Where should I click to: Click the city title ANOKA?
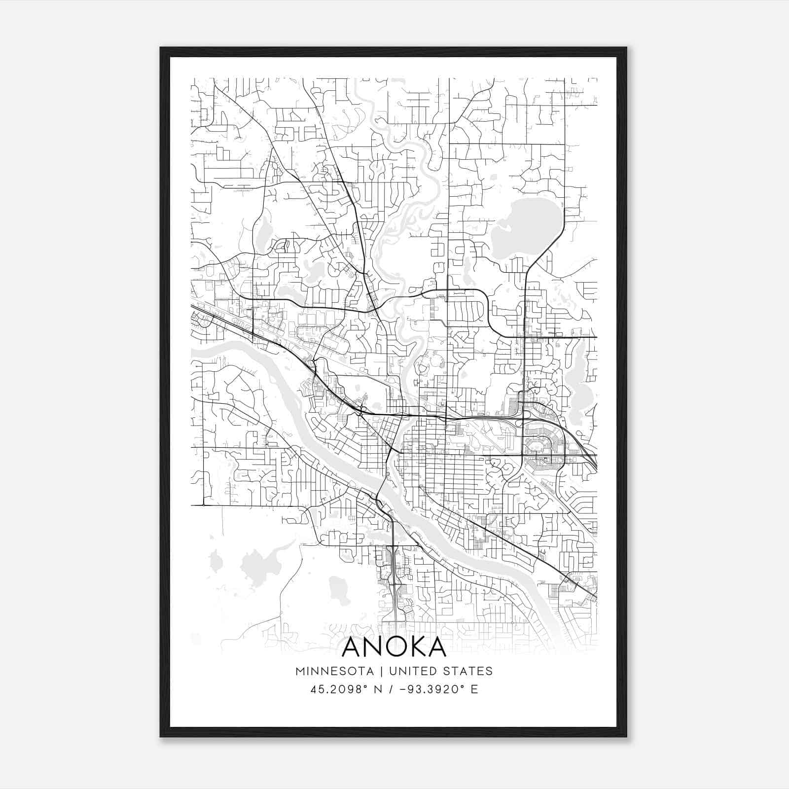(x=394, y=647)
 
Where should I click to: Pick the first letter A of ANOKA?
(x=351, y=647)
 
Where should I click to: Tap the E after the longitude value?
(x=474, y=689)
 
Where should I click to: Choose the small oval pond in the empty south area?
(x=338, y=587)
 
